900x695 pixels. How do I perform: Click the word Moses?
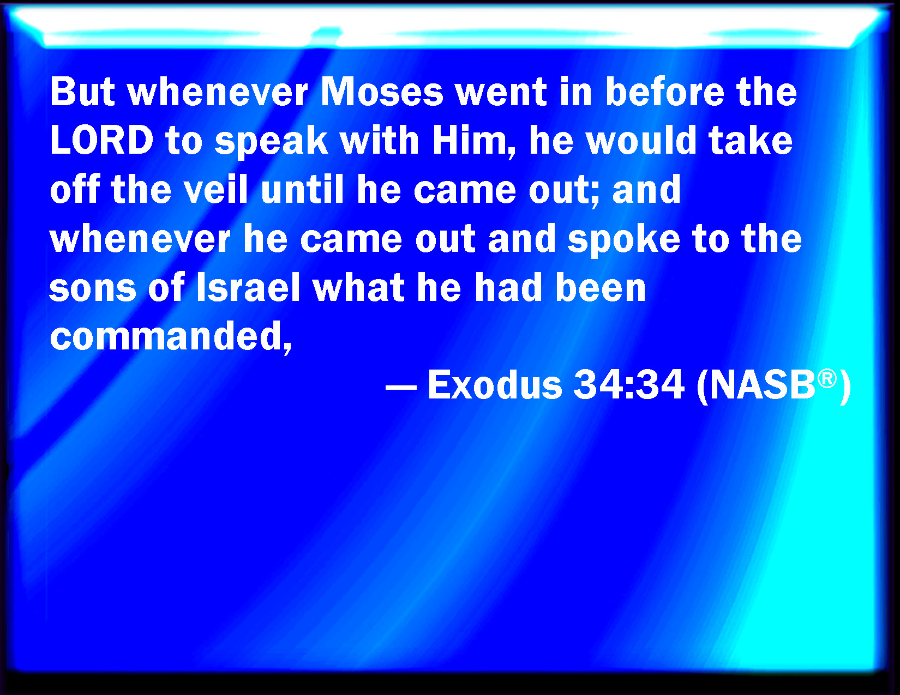tap(382, 92)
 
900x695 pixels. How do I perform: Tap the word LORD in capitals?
tap(102, 141)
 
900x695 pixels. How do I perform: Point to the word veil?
tap(215, 190)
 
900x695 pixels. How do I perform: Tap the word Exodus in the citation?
tap(495, 385)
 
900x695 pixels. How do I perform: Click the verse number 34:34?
tap(629, 385)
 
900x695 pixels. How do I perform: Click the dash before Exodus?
tap(401, 388)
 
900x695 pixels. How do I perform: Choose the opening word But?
tap(82, 92)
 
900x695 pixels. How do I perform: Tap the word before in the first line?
tap(665, 92)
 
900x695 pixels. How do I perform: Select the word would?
tap(641, 141)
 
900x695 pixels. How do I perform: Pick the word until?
tap(302, 190)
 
